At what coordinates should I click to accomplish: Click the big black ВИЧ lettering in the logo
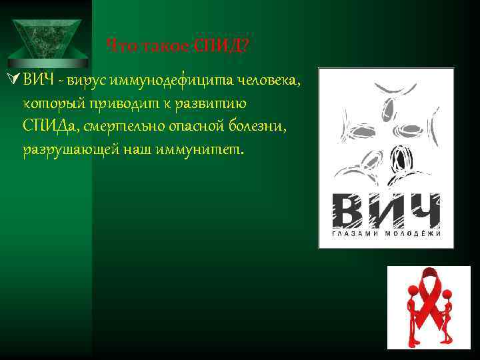[386, 211]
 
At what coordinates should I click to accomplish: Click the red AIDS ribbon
[429, 293]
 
